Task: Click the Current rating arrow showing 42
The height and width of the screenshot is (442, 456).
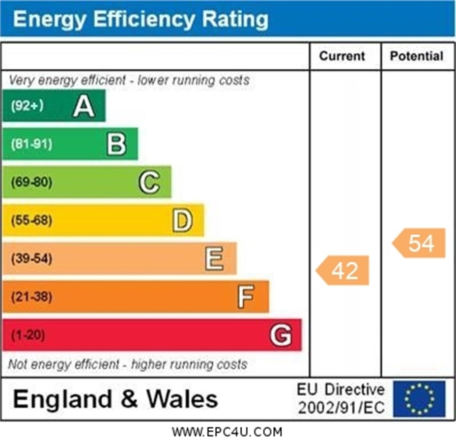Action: point(342,270)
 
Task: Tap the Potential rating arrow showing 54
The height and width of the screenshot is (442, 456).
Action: point(419,243)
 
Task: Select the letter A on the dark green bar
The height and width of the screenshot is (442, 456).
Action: point(84,106)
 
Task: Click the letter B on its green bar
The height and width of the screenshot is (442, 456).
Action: point(116,144)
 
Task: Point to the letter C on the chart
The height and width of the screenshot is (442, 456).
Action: point(149,182)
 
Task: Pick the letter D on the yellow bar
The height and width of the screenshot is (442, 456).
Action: point(182,221)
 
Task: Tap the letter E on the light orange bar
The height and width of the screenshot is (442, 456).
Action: point(214,258)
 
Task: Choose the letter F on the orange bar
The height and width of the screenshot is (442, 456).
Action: point(246,297)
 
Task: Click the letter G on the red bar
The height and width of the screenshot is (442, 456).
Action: point(281,335)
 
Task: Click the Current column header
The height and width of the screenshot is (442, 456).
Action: point(342,56)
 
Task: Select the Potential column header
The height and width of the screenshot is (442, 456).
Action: point(417,56)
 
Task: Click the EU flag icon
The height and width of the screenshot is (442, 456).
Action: point(419,399)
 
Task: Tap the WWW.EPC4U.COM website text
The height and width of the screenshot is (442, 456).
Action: point(228,432)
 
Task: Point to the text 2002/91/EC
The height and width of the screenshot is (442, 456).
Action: point(341,408)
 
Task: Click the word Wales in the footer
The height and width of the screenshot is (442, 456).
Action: point(182,399)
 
